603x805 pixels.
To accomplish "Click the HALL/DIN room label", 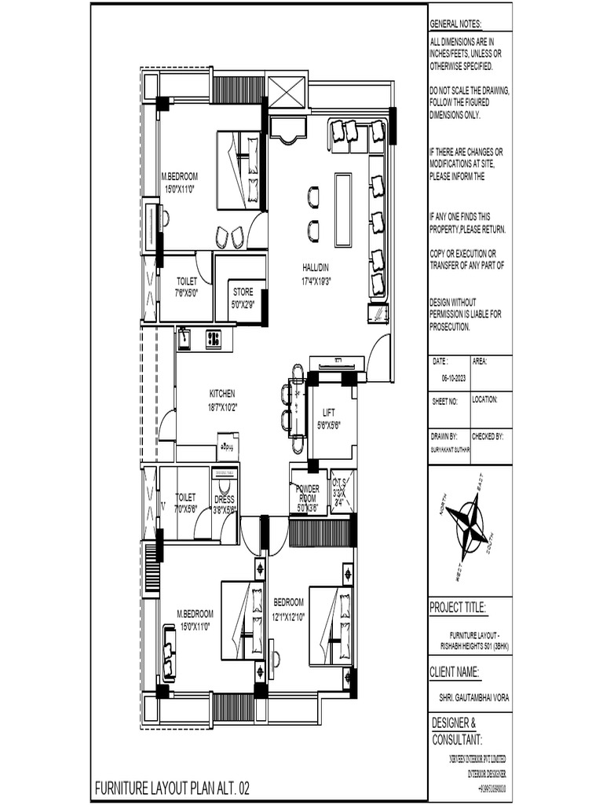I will (315, 266).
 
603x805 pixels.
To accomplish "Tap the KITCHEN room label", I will (221, 393).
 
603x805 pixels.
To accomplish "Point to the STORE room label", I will (243, 292).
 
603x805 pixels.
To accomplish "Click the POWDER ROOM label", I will (307, 492).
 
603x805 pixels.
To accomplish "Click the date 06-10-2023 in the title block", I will (454, 377).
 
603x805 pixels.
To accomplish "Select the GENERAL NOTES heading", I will (456, 25).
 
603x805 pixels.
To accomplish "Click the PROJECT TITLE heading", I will (458, 608).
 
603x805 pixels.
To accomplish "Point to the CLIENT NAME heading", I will (455, 671).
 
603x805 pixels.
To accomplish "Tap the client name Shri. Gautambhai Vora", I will (470, 697).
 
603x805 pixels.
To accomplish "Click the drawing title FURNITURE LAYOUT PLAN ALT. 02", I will (173, 787).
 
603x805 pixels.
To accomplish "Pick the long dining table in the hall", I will (343, 200).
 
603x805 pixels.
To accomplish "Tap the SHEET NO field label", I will (444, 400).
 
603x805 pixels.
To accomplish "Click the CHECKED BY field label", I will (487, 435).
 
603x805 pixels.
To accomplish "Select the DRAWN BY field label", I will (444, 435).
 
